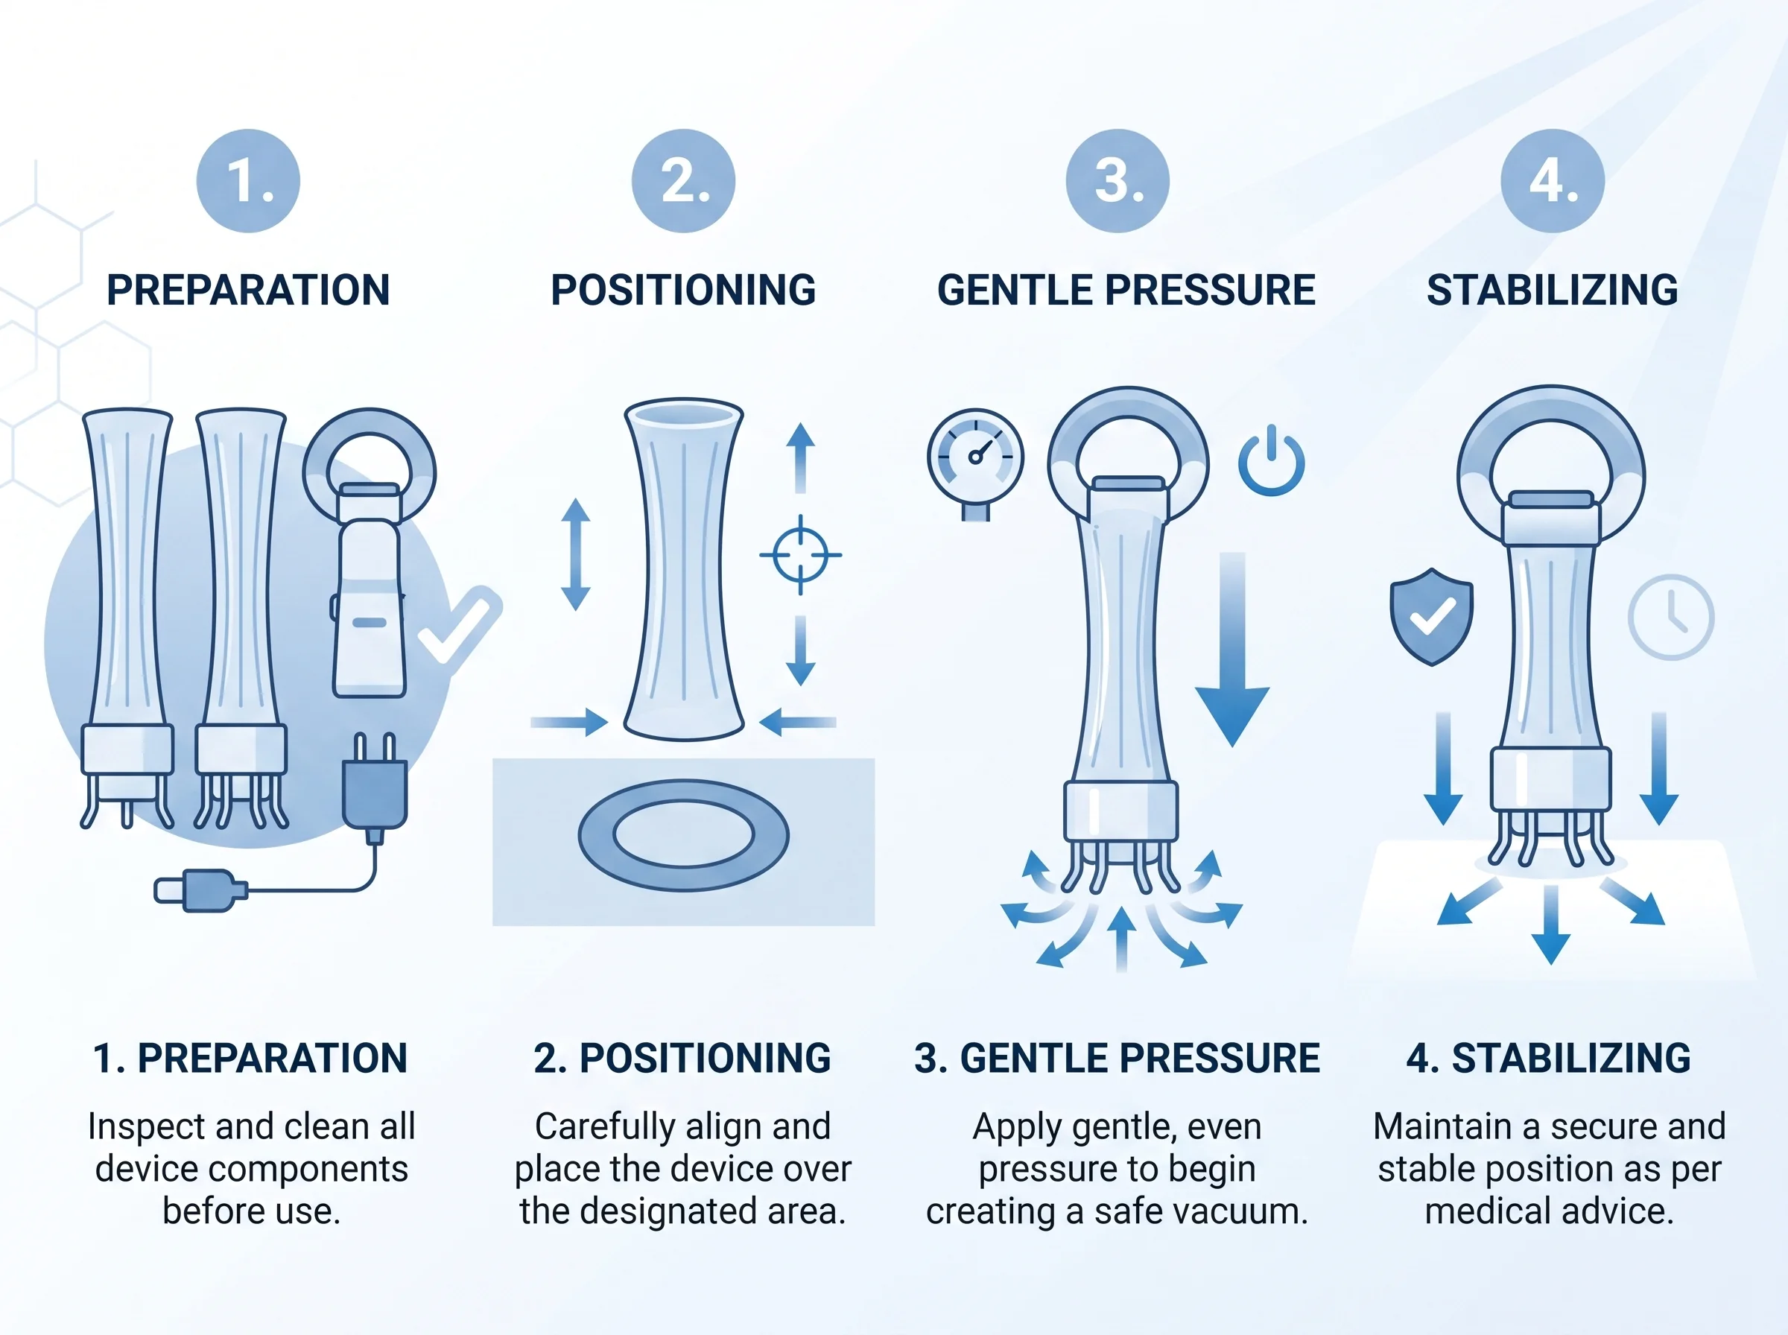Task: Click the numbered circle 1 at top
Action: tap(248, 181)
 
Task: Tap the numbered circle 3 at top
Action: tap(1117, 181)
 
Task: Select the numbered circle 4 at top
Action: tap(1552, 181)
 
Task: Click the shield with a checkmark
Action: tap(1431, 617)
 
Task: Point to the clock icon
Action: tap(1670, 618)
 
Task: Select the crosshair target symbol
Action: tap(800, 555)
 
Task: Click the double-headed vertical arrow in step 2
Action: tap(575, 554)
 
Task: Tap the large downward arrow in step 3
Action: tap(1232, 649)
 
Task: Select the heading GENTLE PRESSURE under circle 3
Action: tap(1126, 290)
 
